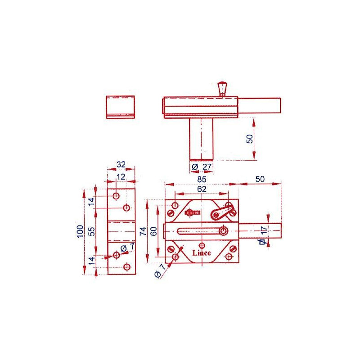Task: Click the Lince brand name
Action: [x=201, y=253]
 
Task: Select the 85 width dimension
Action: [x=201, y=179]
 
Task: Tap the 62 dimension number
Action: [x=202, y=189]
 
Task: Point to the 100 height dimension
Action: [x=80, y=231]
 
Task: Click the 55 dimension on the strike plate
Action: [x=91, y=231]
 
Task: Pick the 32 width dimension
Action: [x=121, y=164]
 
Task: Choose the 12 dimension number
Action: [x=121, y=176]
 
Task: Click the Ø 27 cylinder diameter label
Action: [x=202, y=166]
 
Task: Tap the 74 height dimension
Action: [x=143, y=231]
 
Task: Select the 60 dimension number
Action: [x=153, y=231]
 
